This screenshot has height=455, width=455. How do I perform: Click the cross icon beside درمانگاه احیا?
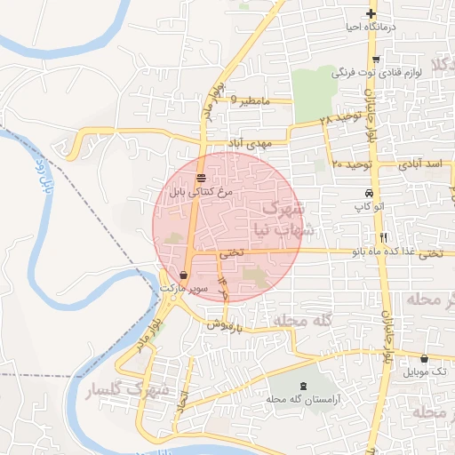[371, 13]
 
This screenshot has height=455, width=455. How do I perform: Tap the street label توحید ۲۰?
[349, 164]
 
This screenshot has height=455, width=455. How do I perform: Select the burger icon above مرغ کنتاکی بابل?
[201, 177]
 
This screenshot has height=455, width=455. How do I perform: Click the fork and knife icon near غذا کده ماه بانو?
[384, 237]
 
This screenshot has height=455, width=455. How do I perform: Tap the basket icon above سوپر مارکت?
[183, 275]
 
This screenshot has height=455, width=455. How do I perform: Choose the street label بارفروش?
[227, 326]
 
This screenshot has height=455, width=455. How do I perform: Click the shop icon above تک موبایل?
[424, 359]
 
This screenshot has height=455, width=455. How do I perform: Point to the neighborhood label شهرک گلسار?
[121, 388]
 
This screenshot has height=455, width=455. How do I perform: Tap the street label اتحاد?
[183, 399]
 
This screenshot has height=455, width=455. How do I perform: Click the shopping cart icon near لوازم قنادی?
[377, 60]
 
